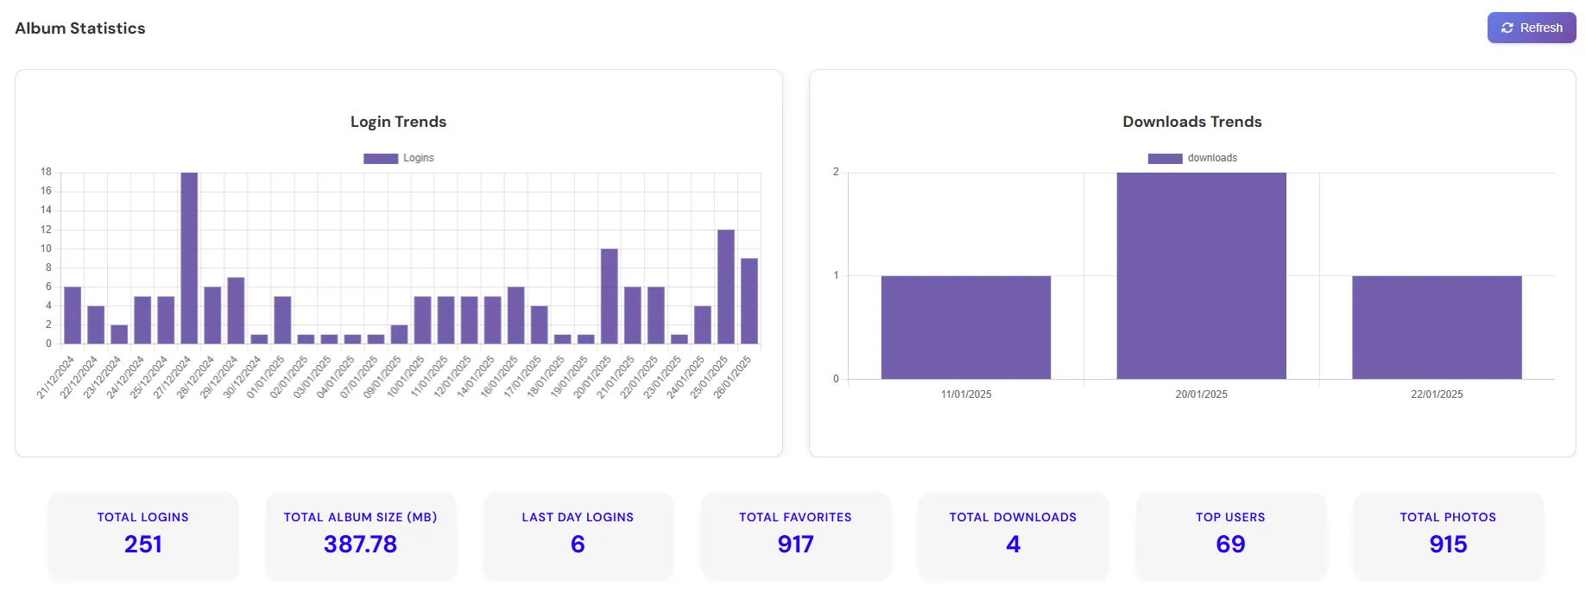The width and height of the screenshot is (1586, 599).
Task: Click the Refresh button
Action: point(1531,28)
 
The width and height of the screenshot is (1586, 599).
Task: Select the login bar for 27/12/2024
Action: point(189,259)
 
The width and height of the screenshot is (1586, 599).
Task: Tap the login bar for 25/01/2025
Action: point(726,287)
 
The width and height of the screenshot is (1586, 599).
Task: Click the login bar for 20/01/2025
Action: point(609,296)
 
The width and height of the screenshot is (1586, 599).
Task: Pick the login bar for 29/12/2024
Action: point(236,311)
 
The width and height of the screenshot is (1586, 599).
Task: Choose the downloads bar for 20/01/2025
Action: point(1201,276)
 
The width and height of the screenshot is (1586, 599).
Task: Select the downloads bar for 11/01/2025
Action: point(965,327)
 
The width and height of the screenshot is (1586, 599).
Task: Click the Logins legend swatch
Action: point(381,158)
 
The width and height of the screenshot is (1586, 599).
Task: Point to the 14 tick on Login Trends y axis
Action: point(46,210)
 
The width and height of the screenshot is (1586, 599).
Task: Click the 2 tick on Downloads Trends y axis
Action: point(836,172)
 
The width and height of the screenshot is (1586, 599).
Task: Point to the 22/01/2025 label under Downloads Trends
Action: point(1437,394)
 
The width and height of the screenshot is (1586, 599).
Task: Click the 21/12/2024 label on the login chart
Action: point(56,377)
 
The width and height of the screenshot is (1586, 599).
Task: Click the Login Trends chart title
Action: point(398,122)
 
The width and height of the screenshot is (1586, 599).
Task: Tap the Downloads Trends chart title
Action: point(1191,122)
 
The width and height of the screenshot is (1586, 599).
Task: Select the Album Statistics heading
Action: point(80,28)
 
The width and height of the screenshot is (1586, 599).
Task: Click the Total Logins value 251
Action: point(142,544)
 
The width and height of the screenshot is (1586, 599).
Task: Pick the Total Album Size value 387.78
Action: point(360,544)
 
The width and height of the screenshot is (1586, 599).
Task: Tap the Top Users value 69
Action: point(1230,544)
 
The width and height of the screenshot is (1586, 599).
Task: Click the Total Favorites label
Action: point(795,517)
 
